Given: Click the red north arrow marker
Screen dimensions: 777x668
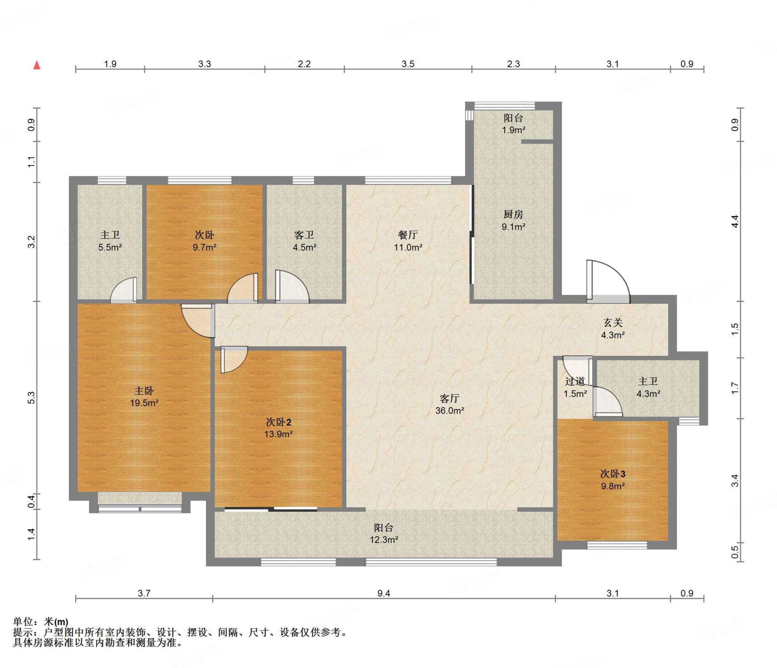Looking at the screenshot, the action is click(37, 65).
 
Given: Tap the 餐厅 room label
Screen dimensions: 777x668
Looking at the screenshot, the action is click(408, 235).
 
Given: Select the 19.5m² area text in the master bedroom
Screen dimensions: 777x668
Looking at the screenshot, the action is click(144, 403).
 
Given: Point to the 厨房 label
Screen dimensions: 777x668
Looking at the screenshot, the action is click(513, 215).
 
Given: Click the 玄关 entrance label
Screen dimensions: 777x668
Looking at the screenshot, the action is click(613, 323).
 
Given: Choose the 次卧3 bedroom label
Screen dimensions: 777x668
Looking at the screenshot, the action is click(613, 474).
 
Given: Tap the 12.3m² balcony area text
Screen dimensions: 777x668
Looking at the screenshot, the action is click(384, 540).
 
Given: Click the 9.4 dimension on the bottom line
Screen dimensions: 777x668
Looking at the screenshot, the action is click(384, 593).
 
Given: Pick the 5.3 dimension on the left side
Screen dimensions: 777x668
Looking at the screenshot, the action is click(31, 398).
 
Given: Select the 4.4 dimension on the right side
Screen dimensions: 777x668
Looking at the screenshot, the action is click(735, 221).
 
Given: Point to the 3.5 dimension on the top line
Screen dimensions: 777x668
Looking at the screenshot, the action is click(408, 64).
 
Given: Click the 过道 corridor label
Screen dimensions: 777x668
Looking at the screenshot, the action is click(575, 381).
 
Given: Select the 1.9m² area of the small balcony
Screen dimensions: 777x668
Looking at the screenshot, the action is click(514, 130).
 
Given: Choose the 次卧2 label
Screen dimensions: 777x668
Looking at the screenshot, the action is click(278, 422).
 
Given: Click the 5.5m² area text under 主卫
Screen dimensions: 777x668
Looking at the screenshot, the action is click(110, 247).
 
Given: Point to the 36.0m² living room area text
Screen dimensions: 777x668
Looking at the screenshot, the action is click(450, 411).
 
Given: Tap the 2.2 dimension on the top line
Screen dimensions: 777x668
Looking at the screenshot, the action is click(304, 64).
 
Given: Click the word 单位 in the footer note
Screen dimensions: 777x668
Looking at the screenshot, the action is click(23, 622).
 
